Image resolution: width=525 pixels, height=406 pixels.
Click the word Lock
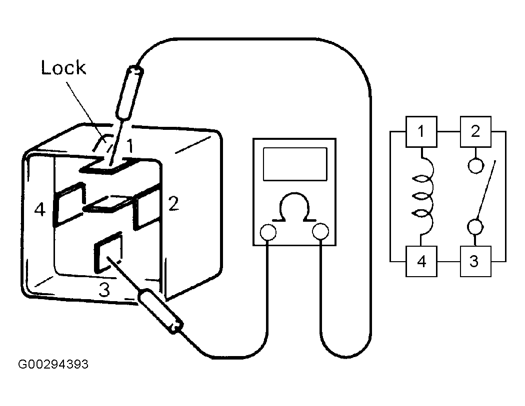pyautogui.click(x=63, y=68)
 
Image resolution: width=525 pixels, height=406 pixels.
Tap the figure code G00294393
pyautogui.click(x=53, y=364)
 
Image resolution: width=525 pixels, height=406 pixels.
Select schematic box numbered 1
pyautogui.click(x=421, y=131)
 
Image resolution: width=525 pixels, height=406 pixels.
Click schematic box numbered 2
pyautogui.click(x=475, y=131)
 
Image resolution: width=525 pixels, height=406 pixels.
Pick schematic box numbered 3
pyautogui.click(x=475, y=261)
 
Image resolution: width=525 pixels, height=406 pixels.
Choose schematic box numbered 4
pyautogui.click(x=421, y=261)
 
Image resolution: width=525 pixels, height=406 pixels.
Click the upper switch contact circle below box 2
pyautogui.click(x=475, y=165)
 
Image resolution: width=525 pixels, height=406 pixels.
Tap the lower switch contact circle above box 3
pyautogui.click(x=475, y=227)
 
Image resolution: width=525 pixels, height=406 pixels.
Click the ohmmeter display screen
pyautogui.click(x=295, y=164)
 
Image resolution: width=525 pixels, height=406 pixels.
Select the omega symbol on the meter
pyautogui.click(x=294, y=207)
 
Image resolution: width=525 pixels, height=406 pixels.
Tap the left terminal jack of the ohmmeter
pyautogui.click(x=268, y=232)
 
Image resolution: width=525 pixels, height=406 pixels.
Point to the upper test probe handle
pyautogui.click(x=129, y=93)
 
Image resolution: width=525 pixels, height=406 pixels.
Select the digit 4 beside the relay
pyautogui.click(x=40, y=210)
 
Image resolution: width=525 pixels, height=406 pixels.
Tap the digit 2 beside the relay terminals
pyautogui.click(x=173, y=204)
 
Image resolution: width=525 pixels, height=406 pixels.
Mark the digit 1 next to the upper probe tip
pyautogui.click(x=129, y=146)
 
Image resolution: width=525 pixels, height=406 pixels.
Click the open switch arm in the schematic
pyautogui.click(x=486, y=190)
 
